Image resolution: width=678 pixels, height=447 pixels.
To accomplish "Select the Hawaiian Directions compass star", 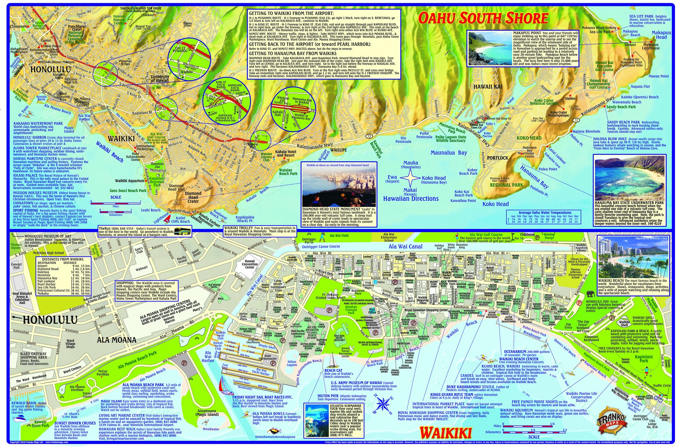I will (411, 178).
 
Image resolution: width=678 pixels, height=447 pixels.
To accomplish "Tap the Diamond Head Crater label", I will (193, 197).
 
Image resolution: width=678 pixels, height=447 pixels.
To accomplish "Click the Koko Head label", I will (495, 204).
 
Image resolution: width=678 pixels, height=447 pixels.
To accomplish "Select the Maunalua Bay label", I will (449, 152).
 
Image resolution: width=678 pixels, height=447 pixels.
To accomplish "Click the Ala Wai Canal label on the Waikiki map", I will (405, 247).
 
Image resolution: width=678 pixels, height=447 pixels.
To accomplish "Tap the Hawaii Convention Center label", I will (250, 264).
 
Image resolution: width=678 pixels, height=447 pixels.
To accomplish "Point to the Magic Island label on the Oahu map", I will (69, 130).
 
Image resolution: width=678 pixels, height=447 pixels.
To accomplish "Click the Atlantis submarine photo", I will (317, 420).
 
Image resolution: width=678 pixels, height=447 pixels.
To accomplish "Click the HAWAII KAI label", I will (487, 87).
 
